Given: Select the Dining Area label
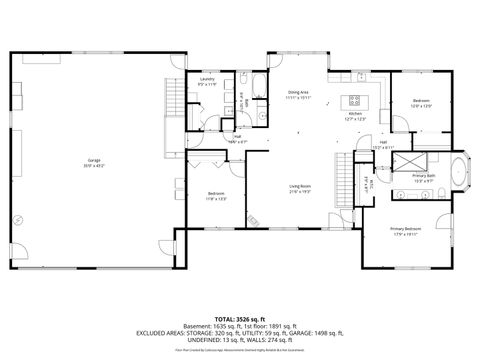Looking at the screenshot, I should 298,92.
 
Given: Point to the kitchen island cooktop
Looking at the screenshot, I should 354,99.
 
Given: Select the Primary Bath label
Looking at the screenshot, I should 424,177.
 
